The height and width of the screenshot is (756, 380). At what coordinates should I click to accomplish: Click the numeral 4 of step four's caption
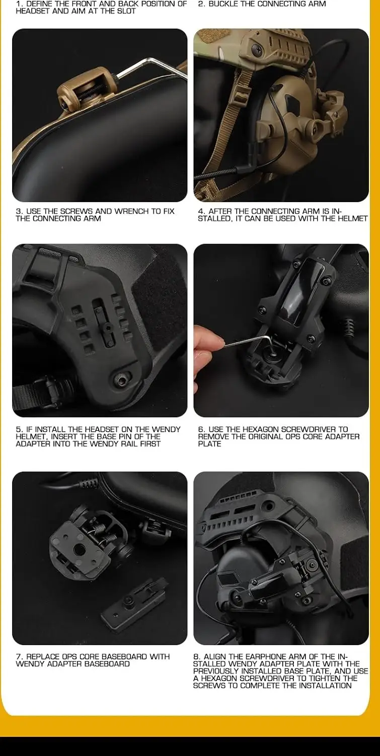(201, 211)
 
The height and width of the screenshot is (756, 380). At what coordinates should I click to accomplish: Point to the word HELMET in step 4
(352, 218)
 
